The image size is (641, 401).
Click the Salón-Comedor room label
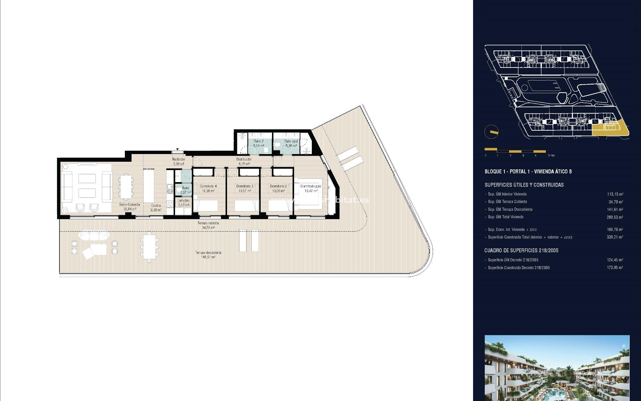(130, 205)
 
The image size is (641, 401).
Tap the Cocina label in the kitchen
(156, 206)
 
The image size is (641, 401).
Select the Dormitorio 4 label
(208, 186)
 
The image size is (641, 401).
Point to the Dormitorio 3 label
(245, 186)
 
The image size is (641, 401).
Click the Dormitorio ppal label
(310, 186)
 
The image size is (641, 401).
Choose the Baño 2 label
(258, 141)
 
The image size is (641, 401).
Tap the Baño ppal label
(291, 141)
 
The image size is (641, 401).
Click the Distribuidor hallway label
(244, 159)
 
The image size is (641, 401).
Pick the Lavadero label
(184, 200)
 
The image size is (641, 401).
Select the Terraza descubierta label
(208, 253)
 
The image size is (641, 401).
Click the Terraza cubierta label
(208, 223)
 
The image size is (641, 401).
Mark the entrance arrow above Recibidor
(177, 149)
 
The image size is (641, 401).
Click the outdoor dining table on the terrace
(149, 247)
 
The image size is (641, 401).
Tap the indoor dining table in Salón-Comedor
(126, 186)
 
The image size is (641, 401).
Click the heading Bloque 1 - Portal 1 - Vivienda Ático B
(528, 171)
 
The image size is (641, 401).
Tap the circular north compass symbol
(491, 132)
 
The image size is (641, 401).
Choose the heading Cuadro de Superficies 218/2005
(521, 250)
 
